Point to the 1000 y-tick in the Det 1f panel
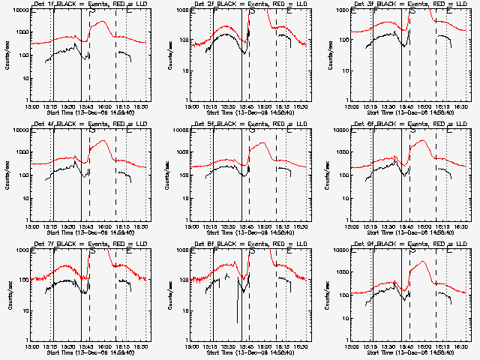pos(21,33)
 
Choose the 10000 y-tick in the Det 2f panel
pos(179,10)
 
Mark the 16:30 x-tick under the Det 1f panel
pos(142,106)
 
